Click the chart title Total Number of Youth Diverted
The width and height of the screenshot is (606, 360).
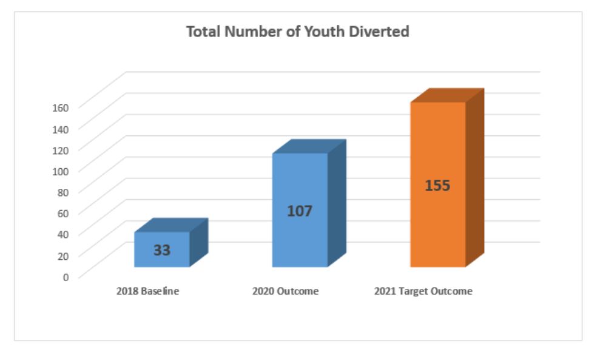297,32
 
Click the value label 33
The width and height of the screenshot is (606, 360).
161,250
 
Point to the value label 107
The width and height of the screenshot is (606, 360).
300,211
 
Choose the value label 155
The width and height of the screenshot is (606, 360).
437,185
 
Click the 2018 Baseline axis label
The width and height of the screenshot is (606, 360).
147,291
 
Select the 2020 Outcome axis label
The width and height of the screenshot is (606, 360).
285,291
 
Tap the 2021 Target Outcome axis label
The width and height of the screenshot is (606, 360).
423,291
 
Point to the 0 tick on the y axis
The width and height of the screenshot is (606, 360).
66,276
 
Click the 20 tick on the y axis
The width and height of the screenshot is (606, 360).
64,255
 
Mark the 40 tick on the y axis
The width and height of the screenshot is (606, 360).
64,234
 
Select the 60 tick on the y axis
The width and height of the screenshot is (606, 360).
64,212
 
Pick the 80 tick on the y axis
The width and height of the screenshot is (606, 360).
64,191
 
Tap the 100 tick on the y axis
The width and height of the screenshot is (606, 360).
62,170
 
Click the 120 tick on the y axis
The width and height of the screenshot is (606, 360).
62,149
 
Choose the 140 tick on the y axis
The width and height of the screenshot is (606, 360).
62,128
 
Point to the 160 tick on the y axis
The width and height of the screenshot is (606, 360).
62,107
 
